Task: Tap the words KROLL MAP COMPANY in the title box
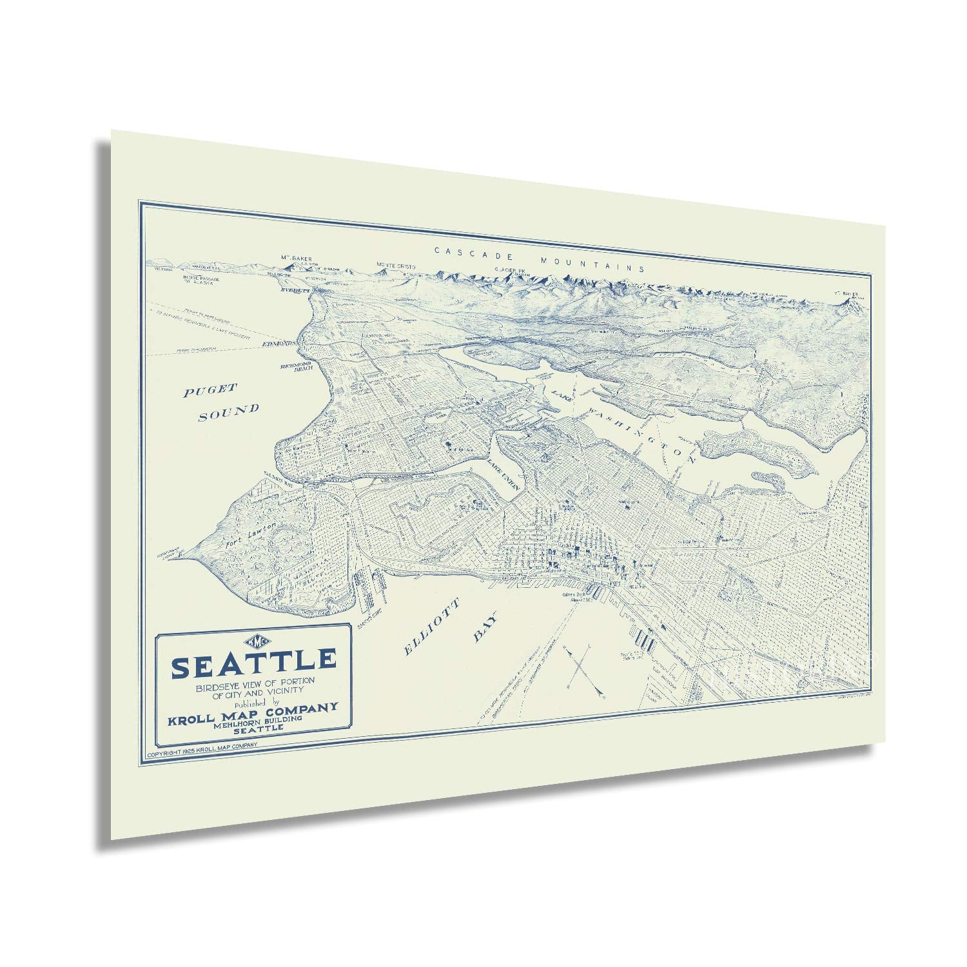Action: coord(253,708)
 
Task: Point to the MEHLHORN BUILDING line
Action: coord(253,719)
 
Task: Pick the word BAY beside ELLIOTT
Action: coord(487,626)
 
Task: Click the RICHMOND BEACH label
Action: coord(296,366)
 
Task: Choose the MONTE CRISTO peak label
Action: coord(397,266)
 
